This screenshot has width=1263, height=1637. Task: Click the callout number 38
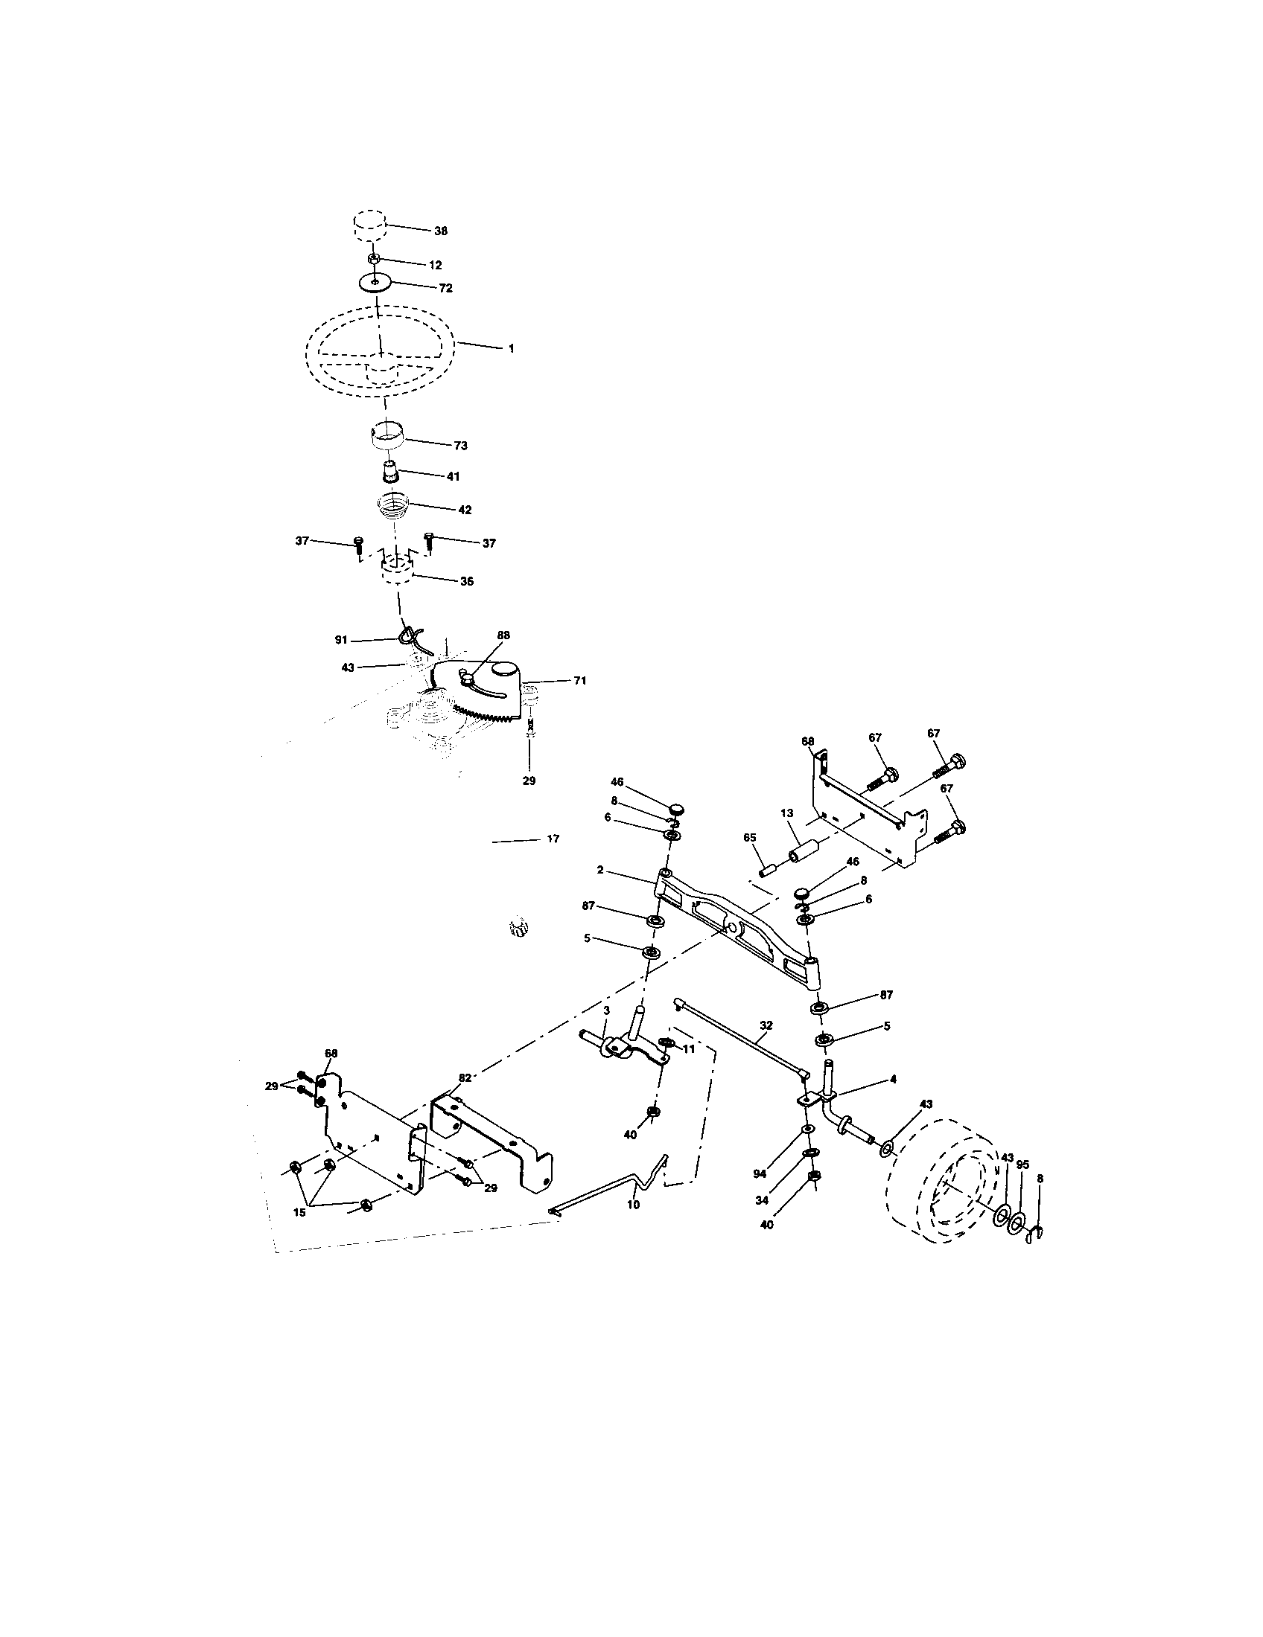pyautogui.click(x=440, y=231)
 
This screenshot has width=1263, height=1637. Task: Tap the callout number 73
pyautogui.click(x=459, y=445)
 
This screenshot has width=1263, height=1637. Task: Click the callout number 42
pyautogui.click(x=464, y=510)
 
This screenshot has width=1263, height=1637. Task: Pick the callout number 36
pyautogui.click(x=465, y=581)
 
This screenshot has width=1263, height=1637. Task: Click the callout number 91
pyautogui.click(x=341, y=639)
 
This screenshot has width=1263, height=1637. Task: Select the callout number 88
pyautogui.click(x=503, y=635)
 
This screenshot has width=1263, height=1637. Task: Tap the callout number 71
pyautogui.click(x=580, y=681)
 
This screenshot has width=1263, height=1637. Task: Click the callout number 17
pyautogui.click(x=553, y=839)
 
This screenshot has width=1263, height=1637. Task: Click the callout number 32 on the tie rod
pyautogui.click(x=766, y=1024)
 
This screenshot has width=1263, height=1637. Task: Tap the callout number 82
pyautogui.click(x=465, y=1078)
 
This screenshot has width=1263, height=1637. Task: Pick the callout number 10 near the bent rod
pyautogui.click(x=633, y=1205)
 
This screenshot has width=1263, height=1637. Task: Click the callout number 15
pyautogui.click(x=299, y=1212)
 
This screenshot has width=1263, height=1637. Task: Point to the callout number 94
pyautogui.click(x=760, y=1174)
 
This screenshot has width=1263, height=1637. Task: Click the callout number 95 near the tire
pyautogui.click(x=1022, y=1165)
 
